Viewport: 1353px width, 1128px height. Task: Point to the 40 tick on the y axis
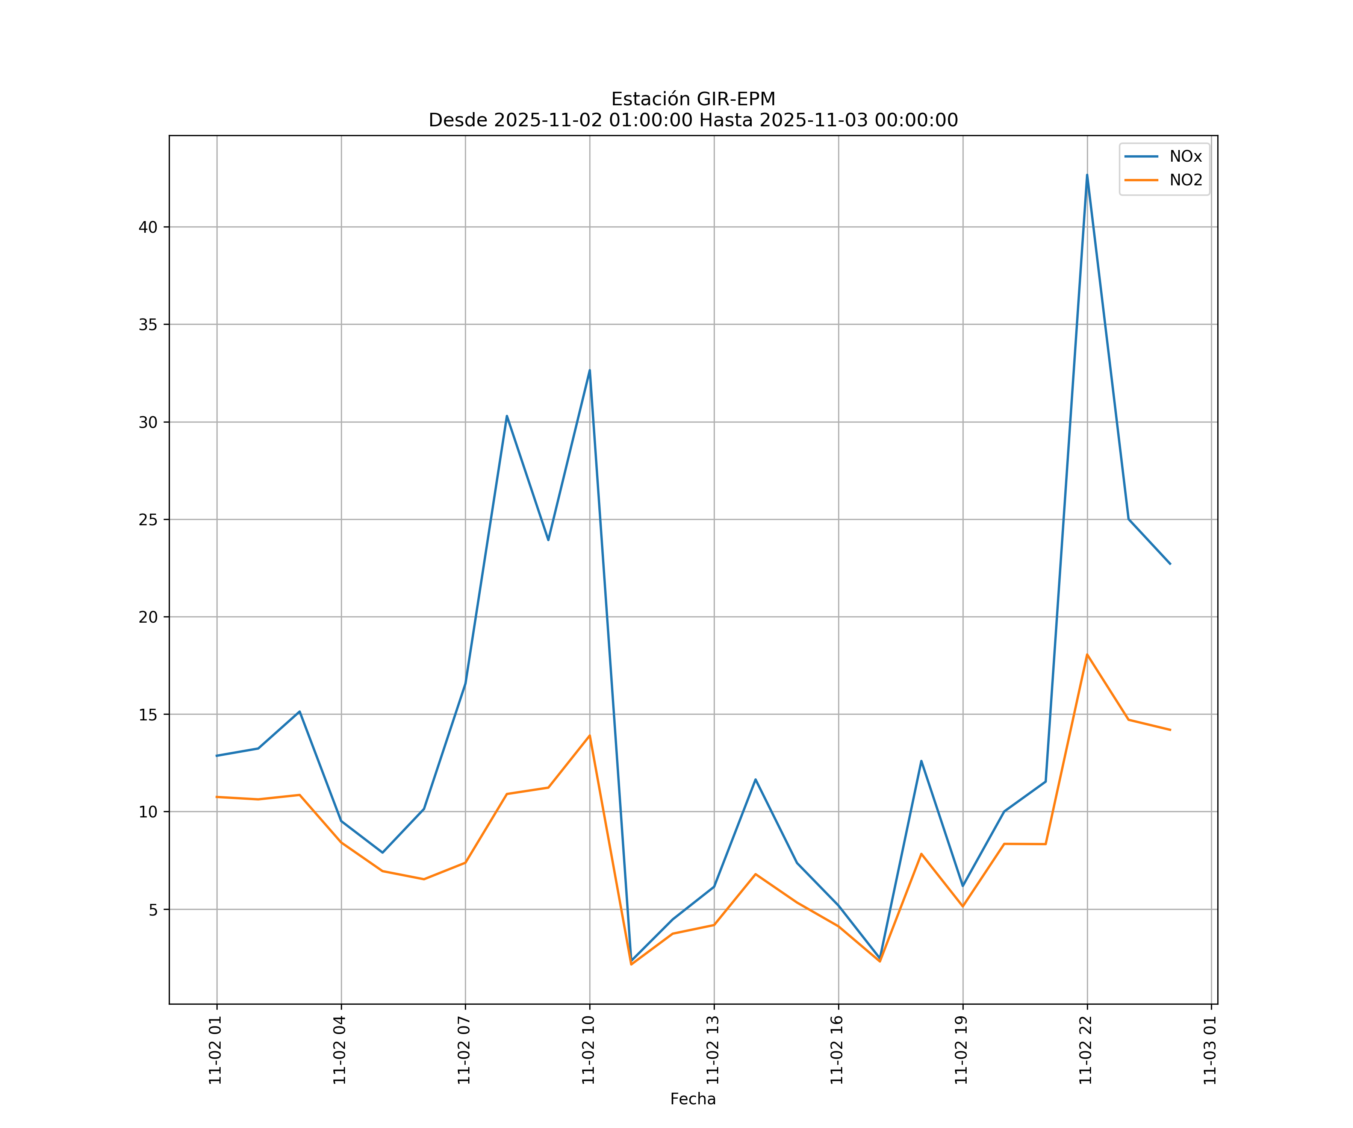[x=148, y=227]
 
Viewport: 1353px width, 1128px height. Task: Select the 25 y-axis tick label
[x=148, y=520]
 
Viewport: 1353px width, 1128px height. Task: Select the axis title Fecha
[x=693, y=1099]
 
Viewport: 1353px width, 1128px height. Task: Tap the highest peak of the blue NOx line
[x=1087, y=175]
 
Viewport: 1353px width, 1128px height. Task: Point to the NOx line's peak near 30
[x=507, y=416]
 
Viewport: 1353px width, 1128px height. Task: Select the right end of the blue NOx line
[x=1170, y=564]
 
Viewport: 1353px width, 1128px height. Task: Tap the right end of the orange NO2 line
[x=1170, y=730]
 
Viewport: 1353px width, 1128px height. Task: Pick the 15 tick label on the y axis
[x=148, y=714]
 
